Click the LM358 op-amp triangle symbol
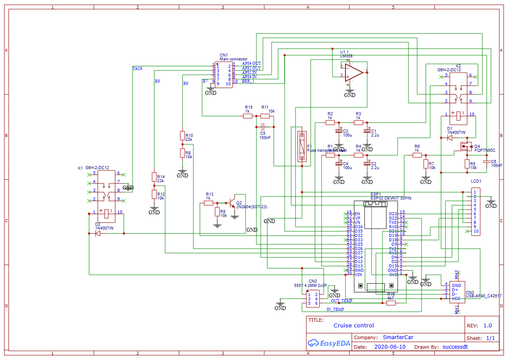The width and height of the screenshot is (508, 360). click(x=353, y=72)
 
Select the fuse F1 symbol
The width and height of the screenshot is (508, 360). click(x=302, y=147)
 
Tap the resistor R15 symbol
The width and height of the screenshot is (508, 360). click(x=248, y=116)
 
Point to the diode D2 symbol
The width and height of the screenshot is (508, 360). click(x=98, y=233)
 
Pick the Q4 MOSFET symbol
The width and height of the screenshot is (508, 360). click(x=464, y=147)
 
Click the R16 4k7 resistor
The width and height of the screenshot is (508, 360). click(x=391, y=303)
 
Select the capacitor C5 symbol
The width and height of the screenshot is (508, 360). click(x=262, y=127)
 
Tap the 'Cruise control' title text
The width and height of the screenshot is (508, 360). click(x=353, y=325)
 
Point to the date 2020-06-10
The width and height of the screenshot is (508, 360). click(x=389, y=347)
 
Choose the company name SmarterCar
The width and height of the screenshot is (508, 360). click(x=398, y=337)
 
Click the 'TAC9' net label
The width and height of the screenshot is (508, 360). click(x=137, y=68)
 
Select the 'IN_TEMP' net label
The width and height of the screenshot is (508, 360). click(x=335, y=310)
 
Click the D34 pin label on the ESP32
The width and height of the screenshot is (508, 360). click(x=359, y=227)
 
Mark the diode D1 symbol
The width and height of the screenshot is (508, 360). click(x=449, y=138)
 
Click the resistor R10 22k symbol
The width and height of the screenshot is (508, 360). click(x=183, y=136)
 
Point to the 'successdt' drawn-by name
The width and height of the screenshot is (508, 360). click(x=455, y=347)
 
